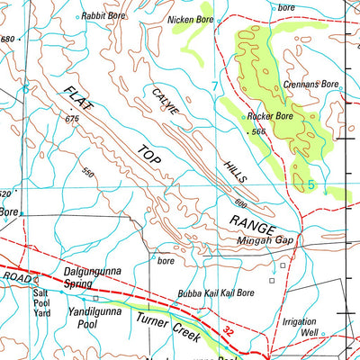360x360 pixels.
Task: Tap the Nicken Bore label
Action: point(192,18)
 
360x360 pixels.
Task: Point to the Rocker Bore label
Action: point(271,116)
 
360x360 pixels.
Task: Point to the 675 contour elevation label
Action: point(72,118)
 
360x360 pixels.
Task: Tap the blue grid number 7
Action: point(214,86)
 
